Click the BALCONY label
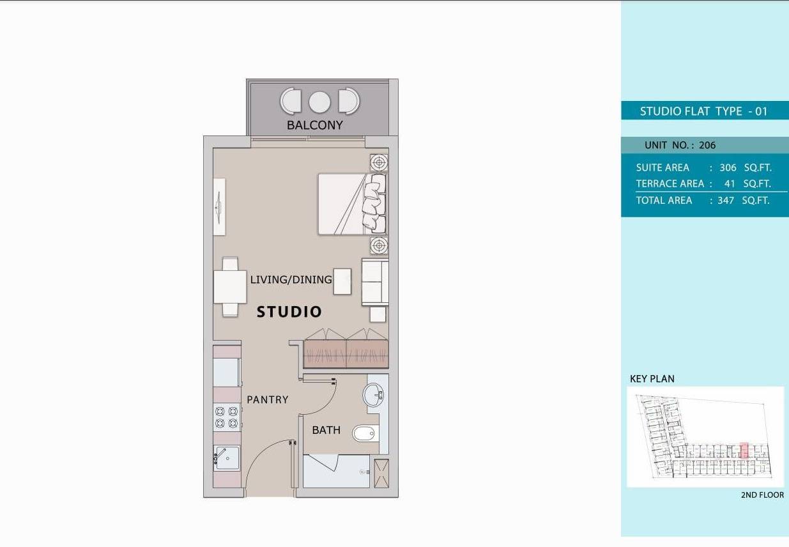(314, 125)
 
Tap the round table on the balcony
(319, 102)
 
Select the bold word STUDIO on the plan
(289, 312)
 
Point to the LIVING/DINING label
(291, 280)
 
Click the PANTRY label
(267, 399)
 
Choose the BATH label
(326, 430)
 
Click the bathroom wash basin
(373, 394)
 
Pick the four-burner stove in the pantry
(227, 417)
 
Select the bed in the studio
(353, 204)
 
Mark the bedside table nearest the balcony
(379, 163)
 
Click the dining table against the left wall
(230, 287)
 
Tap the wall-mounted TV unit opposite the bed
(219, 207)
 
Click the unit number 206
(707, 145)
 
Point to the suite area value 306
(728, 167)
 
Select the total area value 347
(726, 201)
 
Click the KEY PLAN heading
(652, 379)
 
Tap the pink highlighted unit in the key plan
(744, 450)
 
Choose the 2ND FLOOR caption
(762, 495)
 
